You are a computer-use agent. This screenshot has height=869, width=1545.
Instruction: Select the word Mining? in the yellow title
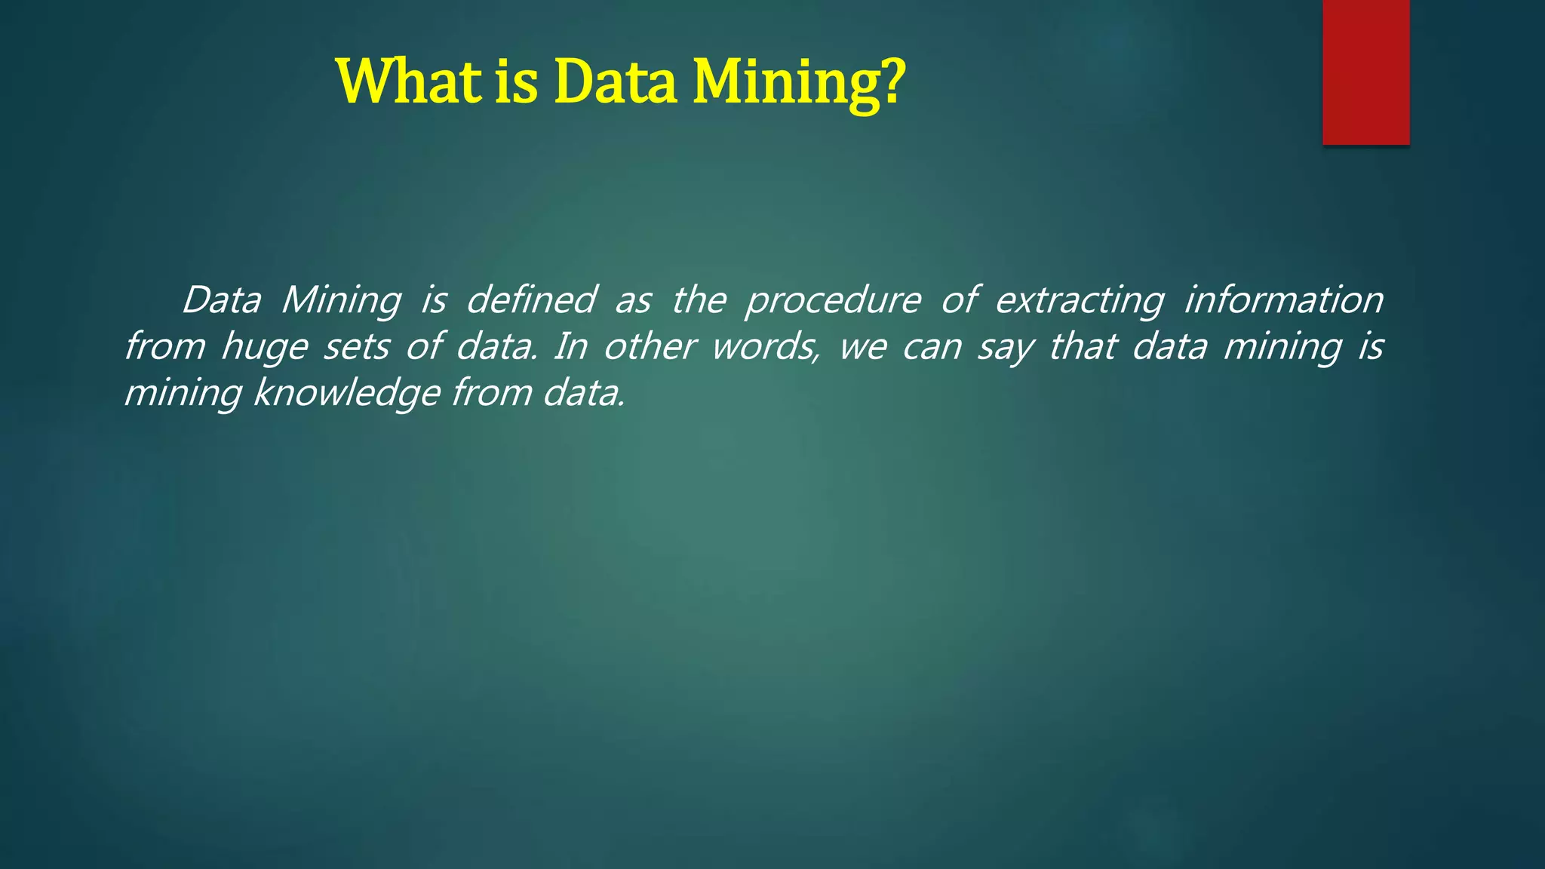click(x=799, y=83)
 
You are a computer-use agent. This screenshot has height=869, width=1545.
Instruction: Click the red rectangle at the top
click(x=1365, y=72)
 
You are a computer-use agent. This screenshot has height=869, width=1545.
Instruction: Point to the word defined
click(x=531, y=299)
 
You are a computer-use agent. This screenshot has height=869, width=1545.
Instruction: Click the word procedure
click(x=833, y=301)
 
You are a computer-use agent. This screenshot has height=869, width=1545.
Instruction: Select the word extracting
click(x=1080, y=301)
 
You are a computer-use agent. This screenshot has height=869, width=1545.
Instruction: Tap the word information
click(x=1283, y=299)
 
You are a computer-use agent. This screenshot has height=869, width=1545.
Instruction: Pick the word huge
click(x=264, y=348)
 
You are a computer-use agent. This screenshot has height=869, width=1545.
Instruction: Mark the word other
click(x=648, y=346)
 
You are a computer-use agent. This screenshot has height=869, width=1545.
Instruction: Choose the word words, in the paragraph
click(x=766, y=347)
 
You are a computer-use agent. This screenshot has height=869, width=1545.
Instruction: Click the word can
click(x=932, y=348)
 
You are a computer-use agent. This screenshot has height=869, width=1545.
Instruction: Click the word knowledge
click(x=346, y=394)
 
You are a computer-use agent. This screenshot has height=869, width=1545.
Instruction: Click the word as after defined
click(x=632, y=301)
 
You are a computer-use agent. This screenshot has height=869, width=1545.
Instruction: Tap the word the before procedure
click(x=699, y=299)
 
